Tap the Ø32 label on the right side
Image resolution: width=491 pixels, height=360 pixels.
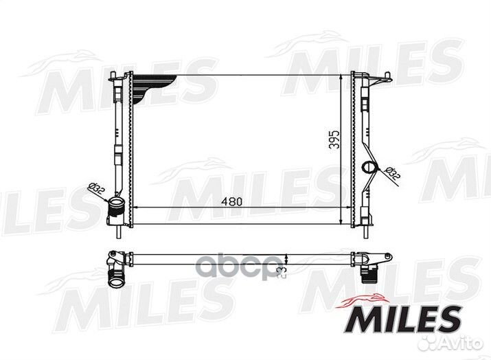tap(391, 175)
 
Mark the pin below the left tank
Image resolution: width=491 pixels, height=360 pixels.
tap(122, 232)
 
